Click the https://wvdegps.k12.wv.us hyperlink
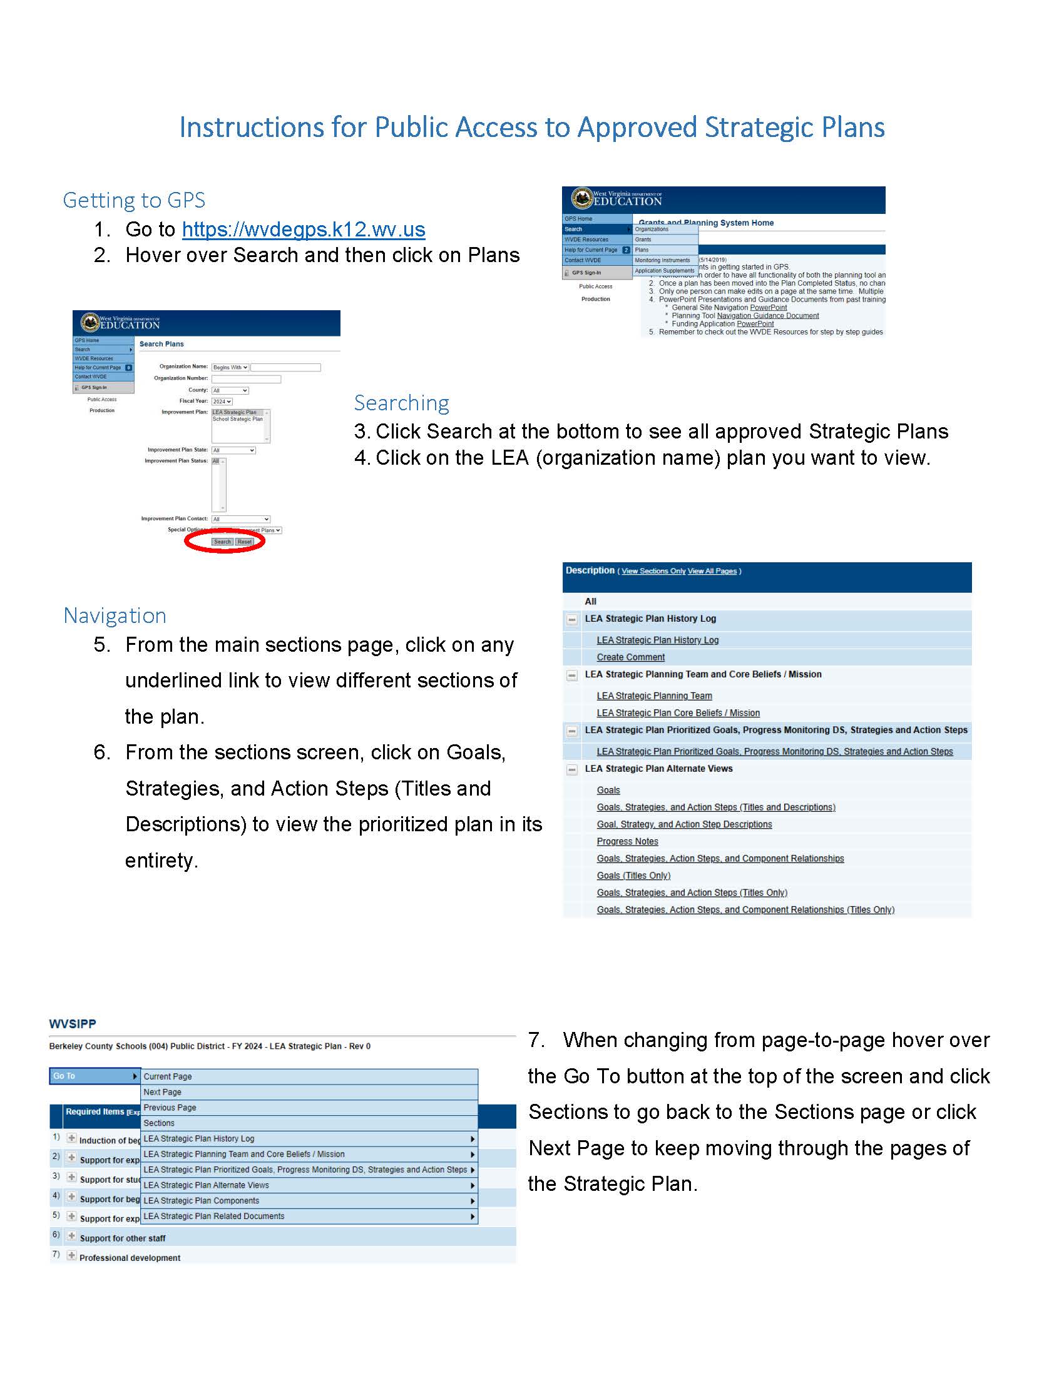(x=303, y=230)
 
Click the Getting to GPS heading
(x=134, y=200)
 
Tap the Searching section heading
(x=402, y=403)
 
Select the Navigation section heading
(x=115, y=616)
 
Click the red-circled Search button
(x=222, y=542)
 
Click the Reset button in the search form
(x=245, y=542)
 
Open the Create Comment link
(x=630, y=657)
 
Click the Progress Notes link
(x=627, y=842)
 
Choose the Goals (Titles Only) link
(x=633, y=876)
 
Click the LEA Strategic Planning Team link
(x=654, y=696)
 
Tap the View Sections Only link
(x=653, y=572)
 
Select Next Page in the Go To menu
(x=163, y=1093)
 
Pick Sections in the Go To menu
(x=159, y=1123)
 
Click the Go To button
(x=94, y=1076)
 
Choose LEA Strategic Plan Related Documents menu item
(x=213, y=1217)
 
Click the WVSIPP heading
(x=73, y=1024)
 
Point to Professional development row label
(x=130, y=1258)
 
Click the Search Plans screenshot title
(x=161, y=344)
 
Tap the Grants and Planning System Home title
(x=706, y=223)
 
